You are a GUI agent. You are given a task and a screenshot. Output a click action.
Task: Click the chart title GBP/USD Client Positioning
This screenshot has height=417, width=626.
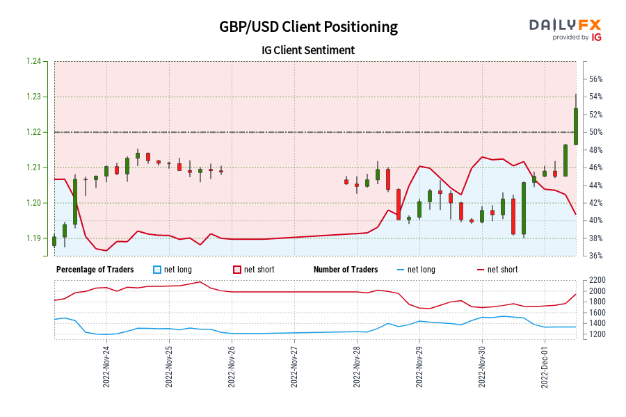[308, 27]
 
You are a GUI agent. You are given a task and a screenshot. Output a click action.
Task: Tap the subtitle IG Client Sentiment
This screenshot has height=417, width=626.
[308, 50]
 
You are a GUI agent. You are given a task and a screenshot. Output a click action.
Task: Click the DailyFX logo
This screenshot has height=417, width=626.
[565, 28]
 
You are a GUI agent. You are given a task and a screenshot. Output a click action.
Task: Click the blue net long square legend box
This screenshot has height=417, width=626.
[156, 270]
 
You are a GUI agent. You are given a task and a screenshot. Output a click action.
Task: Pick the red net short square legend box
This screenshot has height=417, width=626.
[236, 270]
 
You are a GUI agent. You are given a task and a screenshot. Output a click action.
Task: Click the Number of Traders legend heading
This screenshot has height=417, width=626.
[346, 270]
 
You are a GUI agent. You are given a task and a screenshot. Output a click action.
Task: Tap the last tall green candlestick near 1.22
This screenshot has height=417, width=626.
[576, 125]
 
